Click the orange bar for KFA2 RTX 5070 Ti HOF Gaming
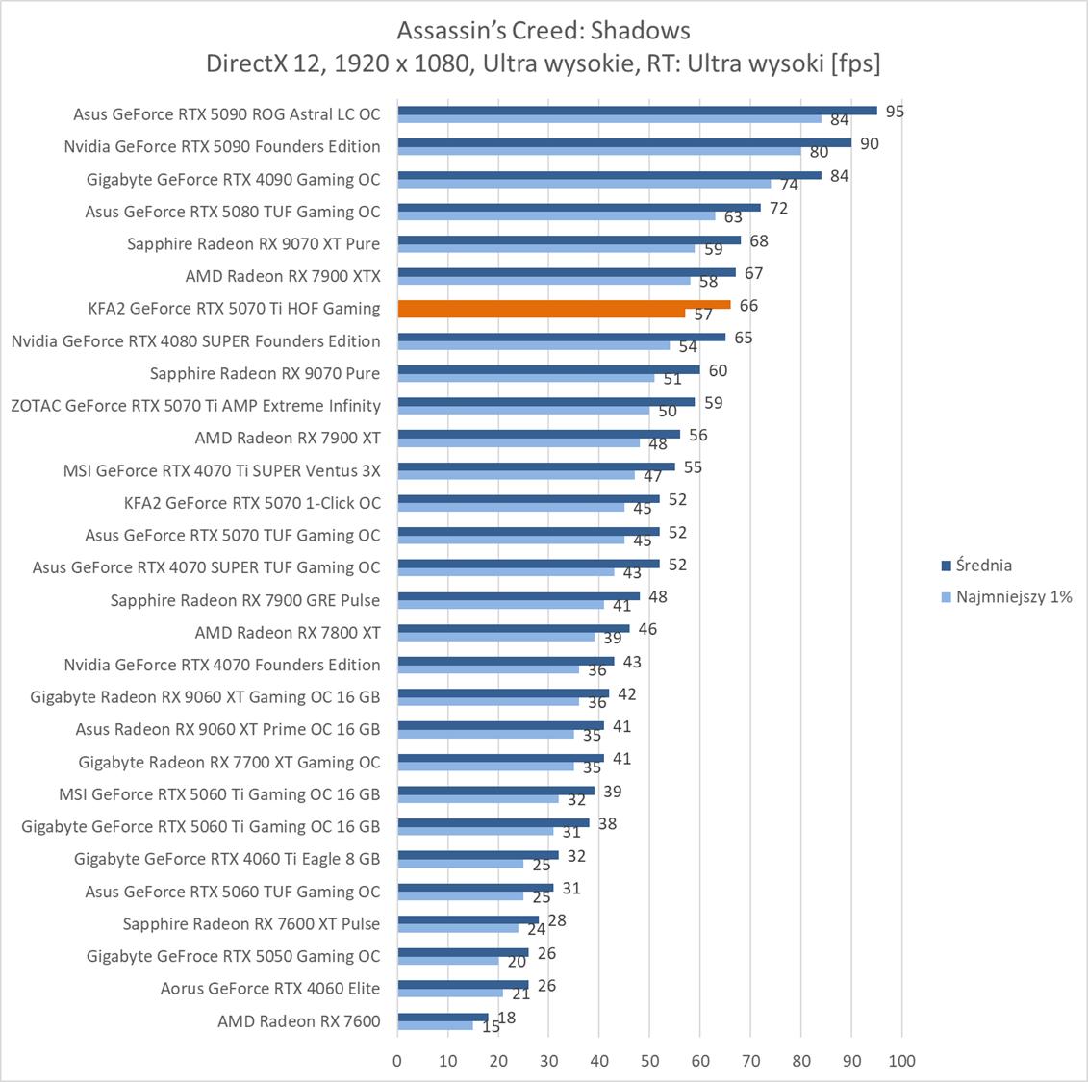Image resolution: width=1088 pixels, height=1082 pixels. pos(564,305)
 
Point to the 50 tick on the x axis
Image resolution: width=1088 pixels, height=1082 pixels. pos(649,1061)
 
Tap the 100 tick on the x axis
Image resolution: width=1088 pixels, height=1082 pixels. pos(901,1061)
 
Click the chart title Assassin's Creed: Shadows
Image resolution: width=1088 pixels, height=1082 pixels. pos(544,31)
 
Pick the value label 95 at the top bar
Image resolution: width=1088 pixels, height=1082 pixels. pos(895,112)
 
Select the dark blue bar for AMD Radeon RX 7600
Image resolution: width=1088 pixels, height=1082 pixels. pos(443,1018)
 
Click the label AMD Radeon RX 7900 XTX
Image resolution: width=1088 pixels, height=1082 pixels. pos(283,276)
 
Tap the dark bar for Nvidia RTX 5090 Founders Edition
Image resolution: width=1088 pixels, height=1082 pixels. pos(624,142)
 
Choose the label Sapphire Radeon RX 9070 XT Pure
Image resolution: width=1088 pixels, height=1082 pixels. pos(253,243)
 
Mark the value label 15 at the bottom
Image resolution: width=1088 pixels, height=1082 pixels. pos(491,1027)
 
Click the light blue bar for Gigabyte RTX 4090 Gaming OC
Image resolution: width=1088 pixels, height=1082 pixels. pos(584,184)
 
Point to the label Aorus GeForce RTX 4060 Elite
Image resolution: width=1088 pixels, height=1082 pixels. pos(270,988)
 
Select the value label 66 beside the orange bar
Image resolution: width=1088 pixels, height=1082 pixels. pos(748,306)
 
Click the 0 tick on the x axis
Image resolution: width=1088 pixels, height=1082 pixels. pos(397,1061)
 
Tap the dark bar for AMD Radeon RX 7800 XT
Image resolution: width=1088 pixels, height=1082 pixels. pos(514,628)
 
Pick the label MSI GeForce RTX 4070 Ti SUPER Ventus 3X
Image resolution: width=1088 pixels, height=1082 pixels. pos(221,470)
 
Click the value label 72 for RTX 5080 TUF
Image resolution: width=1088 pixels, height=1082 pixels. pos(778,209)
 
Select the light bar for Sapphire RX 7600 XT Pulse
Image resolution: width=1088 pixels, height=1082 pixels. pos(458,929)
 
